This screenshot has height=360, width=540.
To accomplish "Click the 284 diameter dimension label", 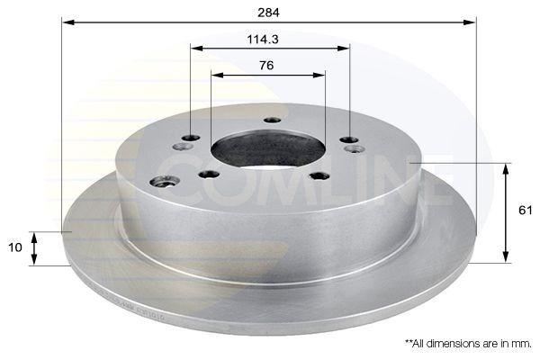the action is point(268,13).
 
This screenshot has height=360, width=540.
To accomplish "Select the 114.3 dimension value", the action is point(263,40).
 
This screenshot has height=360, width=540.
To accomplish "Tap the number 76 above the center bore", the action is point(266,65).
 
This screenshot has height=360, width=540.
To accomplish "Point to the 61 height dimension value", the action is point(526,210).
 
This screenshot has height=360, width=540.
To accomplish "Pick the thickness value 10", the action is point(15,247).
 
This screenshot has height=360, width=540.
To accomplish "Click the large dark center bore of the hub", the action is point(268,148).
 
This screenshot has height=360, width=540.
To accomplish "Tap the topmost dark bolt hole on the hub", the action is point(272,121).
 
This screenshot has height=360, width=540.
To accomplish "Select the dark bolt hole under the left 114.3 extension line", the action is point(191,138).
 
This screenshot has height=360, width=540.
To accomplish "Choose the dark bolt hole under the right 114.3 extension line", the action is point(349,139).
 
